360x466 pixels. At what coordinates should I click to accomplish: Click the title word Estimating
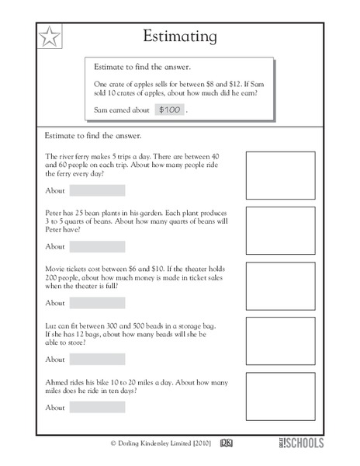(181, 36)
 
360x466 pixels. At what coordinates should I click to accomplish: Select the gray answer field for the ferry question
(97, 190)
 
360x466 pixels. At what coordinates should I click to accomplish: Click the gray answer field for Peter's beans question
(97, 246)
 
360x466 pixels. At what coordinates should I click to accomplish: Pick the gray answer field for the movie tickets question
(97, 303)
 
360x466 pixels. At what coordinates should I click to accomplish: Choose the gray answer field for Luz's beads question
(97, 360)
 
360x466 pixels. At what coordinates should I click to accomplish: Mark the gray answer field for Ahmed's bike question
(97, 407)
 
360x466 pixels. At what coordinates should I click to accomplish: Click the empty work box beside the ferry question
(280, 175)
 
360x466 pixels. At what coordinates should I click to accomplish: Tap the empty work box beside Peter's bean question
(280, 231)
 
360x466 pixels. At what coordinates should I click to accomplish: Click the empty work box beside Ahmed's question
(280, 396)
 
